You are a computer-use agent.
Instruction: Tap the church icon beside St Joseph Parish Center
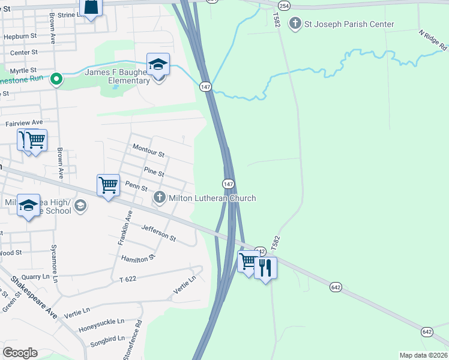coord(295,24)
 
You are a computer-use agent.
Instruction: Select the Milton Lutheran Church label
coord(212,199)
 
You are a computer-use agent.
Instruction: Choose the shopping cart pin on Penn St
coord(108,185)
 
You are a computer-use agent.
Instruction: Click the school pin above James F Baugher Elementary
coord(158,64)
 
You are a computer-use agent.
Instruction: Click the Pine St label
coord(154,173)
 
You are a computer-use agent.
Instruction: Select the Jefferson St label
coord(158,233)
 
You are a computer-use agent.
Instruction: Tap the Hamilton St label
coord(138,257)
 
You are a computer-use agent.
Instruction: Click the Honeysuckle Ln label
coord(101,322)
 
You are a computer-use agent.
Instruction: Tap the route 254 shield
coord(285,5)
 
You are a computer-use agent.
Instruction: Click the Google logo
coord(20,353)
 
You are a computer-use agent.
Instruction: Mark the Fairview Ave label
coord(25,123)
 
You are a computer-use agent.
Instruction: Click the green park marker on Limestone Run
coord(56,79)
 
